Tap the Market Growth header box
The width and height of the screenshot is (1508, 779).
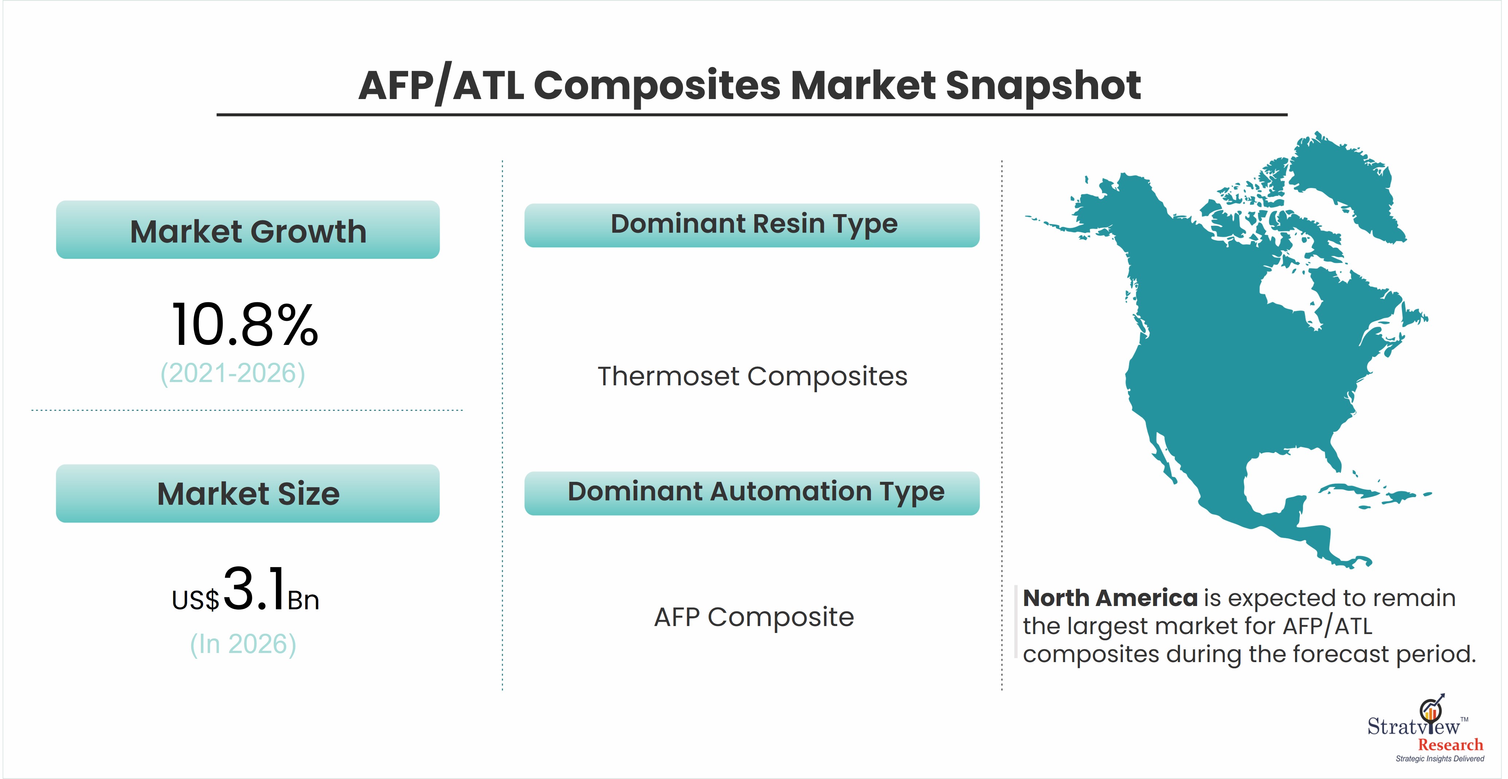(248, 229)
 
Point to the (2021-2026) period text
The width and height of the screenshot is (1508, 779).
(233, 374)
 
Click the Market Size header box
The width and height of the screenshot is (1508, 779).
(248, 493)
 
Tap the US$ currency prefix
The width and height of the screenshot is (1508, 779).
(196, 600)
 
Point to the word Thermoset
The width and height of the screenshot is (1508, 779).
(668, 376)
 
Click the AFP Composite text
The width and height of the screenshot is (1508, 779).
(754, 617)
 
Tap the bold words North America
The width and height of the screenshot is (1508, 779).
(1110, 598)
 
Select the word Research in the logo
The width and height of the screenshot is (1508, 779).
(1450, 745)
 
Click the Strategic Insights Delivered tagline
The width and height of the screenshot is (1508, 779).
(1440, 759)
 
